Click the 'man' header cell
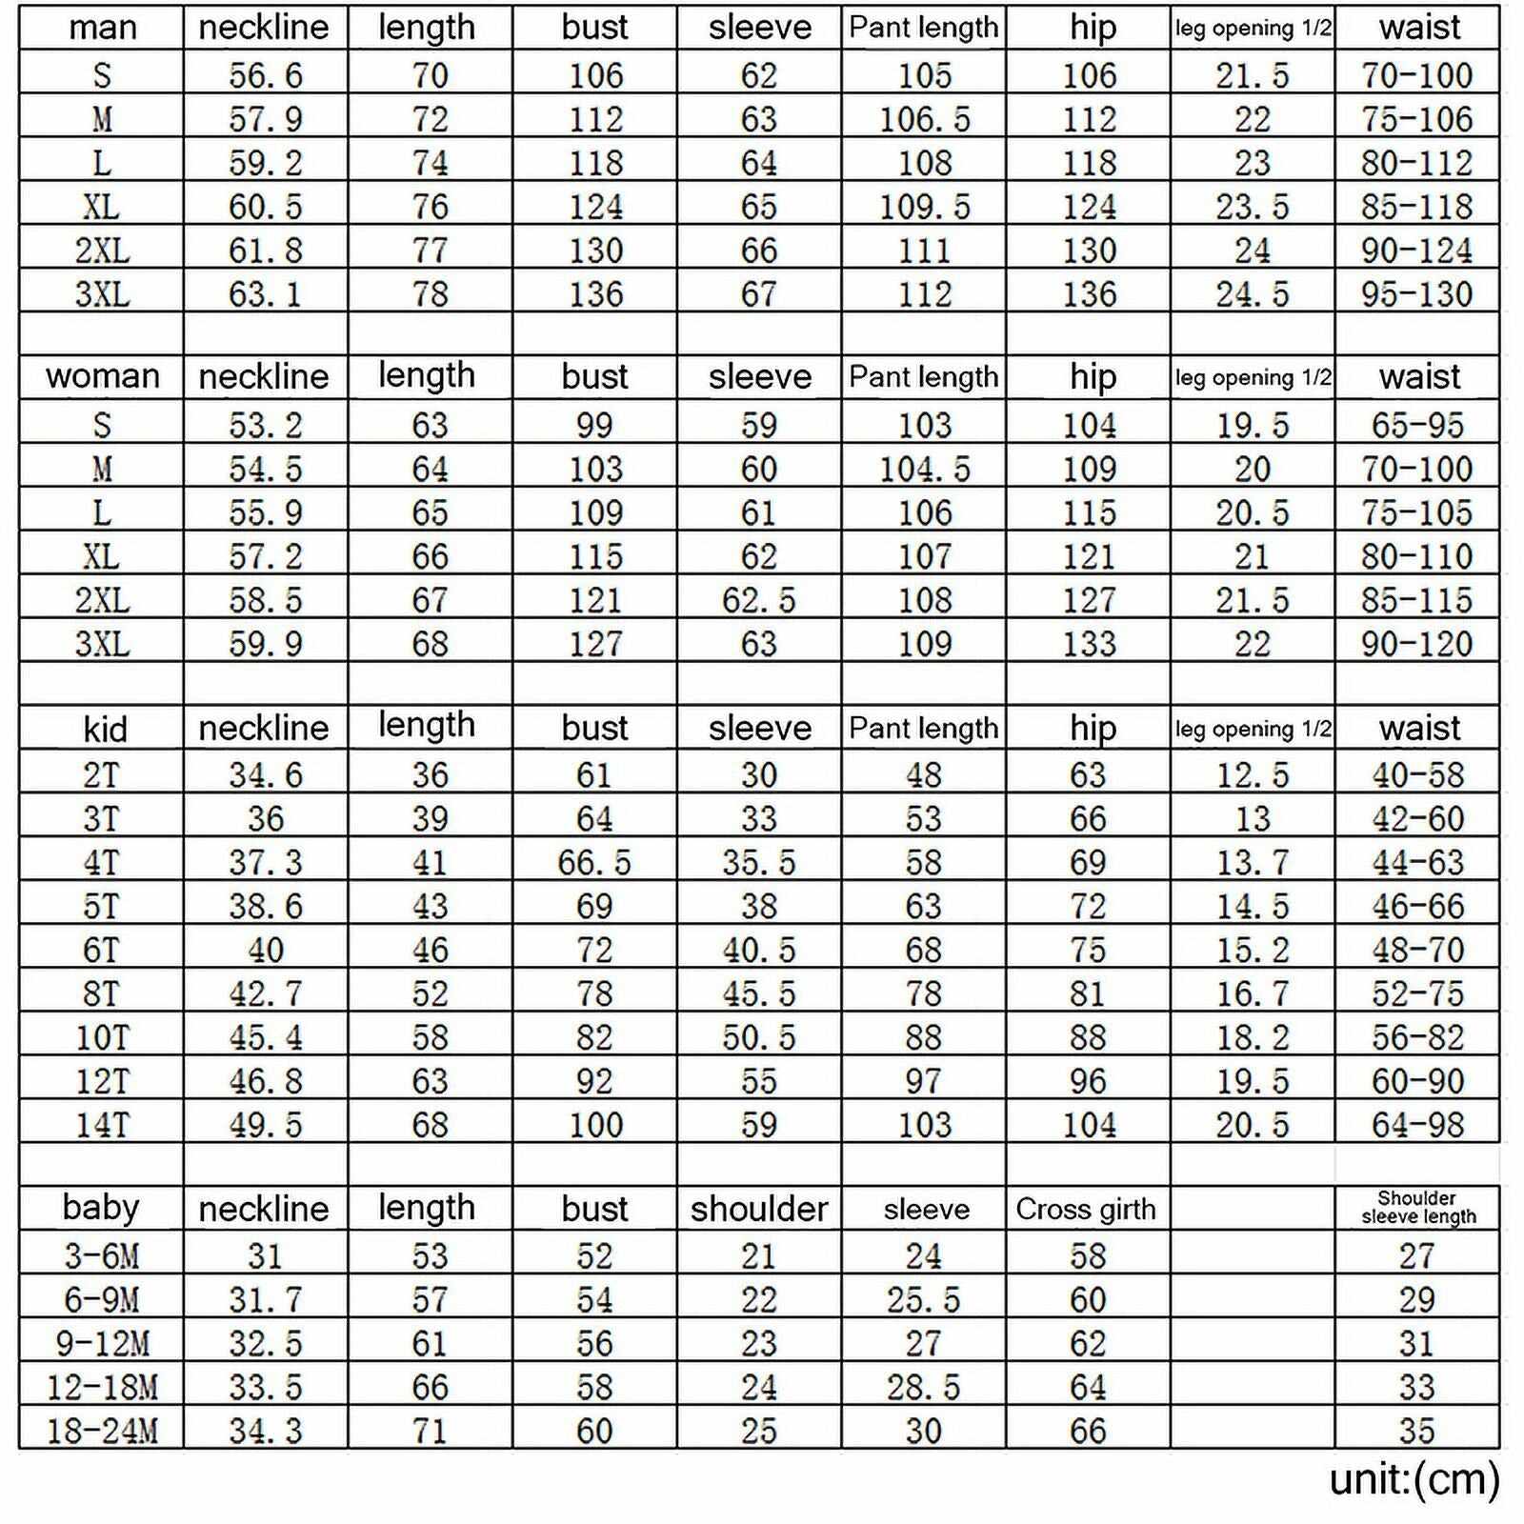click(102, 28)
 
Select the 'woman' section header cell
click(102, 376)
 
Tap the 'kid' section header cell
click(104, 729)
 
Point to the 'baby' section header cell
click(101, 1208)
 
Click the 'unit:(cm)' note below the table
click(1414, 1479)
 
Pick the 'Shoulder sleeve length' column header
click(1418, 1208)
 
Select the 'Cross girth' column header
click(1086, 1209)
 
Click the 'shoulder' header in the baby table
click(759, 1209)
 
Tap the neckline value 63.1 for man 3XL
click(265, 294)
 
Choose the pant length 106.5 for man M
click(924, 119)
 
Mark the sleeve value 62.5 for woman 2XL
click(758, 600)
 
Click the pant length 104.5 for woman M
click(924, 469)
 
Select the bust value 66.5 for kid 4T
click(594, 863)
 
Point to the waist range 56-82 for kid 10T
click(1417, 1037)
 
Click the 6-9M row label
click(101, 1300)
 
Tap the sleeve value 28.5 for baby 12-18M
click(923, 1387)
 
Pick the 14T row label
click(102, 1125)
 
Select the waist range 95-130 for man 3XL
click(1417, 294)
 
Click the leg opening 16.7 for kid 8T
click(1253, 994)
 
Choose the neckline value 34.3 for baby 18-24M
click(265, 1431)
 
